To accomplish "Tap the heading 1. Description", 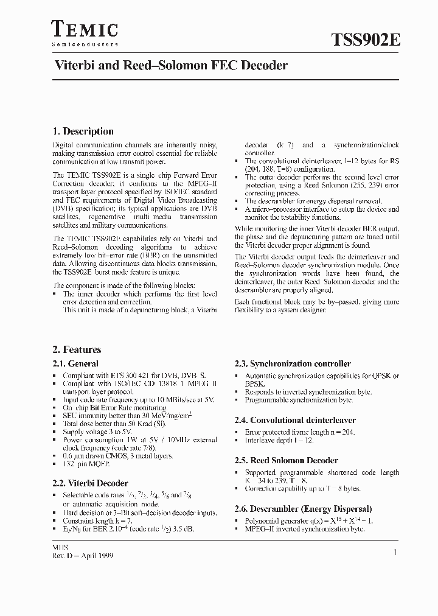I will coord(83,131).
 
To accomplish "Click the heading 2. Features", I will coord(77,350).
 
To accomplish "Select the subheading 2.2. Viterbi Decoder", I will coord(90,483).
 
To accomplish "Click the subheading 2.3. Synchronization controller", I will coord(293,364).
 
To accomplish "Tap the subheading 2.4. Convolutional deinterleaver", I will coord(295,420).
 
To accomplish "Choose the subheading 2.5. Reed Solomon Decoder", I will coord(286,460).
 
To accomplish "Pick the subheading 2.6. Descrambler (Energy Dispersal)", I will coord(303,508).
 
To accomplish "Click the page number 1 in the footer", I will coord(395,551).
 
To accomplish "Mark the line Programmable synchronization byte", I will coord(299,400).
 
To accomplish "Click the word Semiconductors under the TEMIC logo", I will coord(84,44).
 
